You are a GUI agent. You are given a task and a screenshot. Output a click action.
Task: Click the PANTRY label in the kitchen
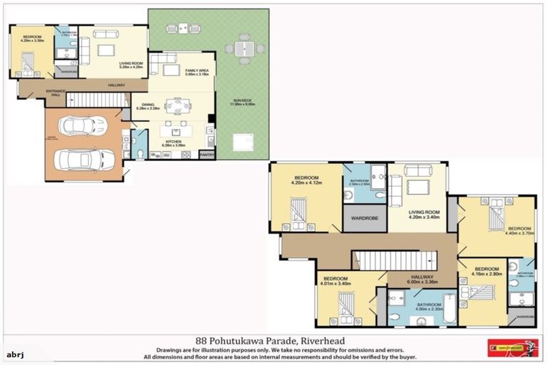tap(207, 154)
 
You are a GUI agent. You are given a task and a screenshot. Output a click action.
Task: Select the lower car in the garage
tap(84, 158)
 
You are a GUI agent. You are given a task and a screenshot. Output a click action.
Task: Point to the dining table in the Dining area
tap(177, 106)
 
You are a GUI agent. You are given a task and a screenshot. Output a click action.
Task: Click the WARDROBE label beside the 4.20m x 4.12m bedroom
tap(365, 219)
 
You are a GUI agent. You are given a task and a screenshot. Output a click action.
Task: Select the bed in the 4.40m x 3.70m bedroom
tap(496, 212)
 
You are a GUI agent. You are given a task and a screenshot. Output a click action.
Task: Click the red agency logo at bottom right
tap(507, 348)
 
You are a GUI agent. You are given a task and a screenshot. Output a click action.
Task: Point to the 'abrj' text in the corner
tap(15, 354)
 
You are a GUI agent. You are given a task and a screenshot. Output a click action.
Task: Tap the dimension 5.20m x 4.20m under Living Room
tap(131, 67)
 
